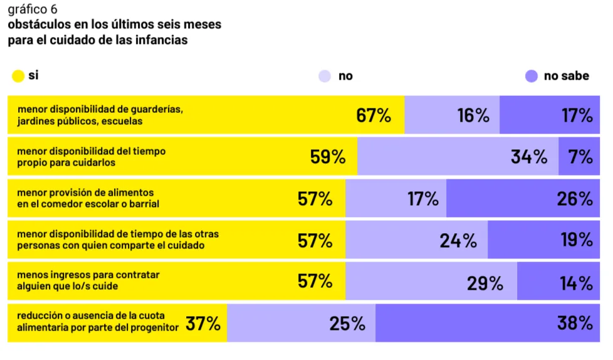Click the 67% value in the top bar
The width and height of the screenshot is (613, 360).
click(x=374, y=115)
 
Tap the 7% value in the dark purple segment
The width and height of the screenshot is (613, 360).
click(x=580, y=157)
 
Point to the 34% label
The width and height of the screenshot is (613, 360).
click(x=528, y=157)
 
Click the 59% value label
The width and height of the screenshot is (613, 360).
click(x=328, y=157)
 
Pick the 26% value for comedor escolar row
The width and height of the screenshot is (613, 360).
click(x=575, y=199)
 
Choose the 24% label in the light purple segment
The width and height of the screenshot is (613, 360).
click(x=458, y=240)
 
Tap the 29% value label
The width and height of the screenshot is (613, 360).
click(x=485, y=282)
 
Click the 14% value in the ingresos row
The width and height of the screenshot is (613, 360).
click(x=576, y=282)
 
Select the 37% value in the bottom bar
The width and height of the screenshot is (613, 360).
click(x=202, y=324)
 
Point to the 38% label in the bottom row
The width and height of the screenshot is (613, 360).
click(x=575, y=324)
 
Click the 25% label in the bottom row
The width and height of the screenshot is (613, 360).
click(x=347, y=324)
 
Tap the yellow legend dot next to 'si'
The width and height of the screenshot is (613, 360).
click(x=18, y=76)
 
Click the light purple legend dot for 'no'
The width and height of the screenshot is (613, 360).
click(x=325, y=76)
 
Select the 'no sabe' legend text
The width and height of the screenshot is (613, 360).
click(x=566, y=76)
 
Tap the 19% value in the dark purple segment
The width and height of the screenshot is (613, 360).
click(x=576, y=240)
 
